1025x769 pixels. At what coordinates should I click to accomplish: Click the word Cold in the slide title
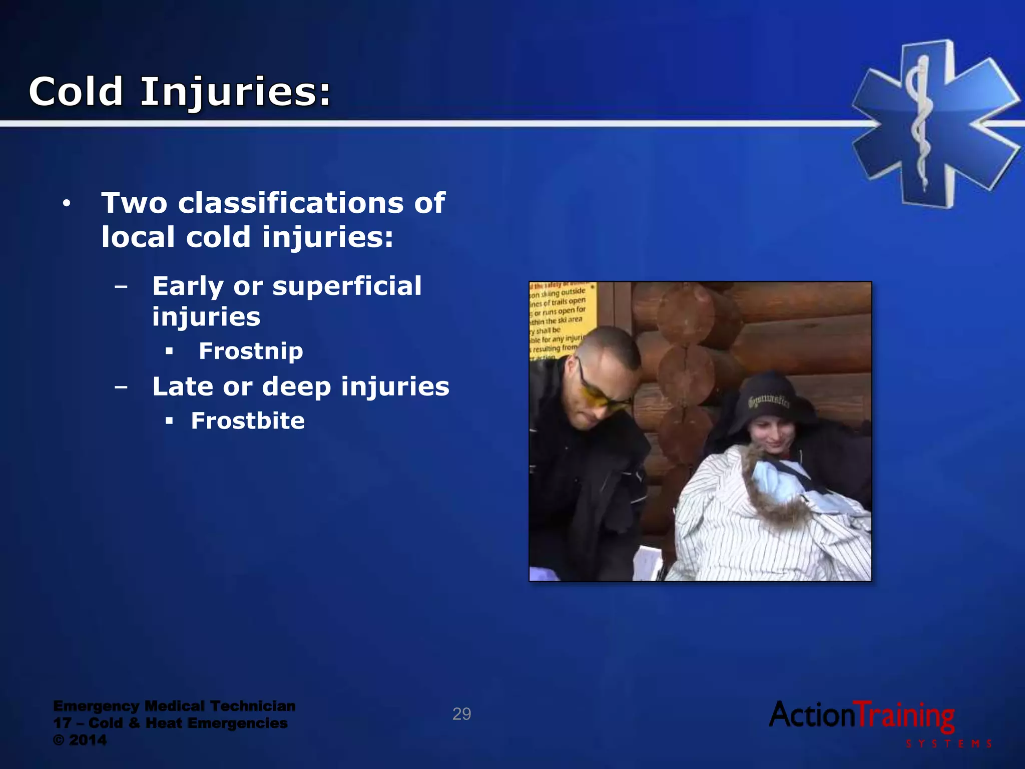[76, 92]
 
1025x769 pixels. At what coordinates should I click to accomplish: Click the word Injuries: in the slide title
[236, 93]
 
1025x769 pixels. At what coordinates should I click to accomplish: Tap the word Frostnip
[251, 351]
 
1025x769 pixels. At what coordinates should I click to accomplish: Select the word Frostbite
[248, 421]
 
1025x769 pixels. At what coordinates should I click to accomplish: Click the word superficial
[346, 286]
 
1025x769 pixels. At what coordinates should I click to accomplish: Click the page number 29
[461, 714]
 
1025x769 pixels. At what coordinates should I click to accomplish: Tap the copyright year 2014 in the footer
[88, 740]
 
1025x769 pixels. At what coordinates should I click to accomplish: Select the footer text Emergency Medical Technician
[174, 706]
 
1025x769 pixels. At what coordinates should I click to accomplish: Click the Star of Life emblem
[933, 123]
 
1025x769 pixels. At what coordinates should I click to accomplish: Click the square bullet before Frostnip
[169, 351]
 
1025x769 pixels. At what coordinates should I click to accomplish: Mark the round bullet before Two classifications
[67, 204]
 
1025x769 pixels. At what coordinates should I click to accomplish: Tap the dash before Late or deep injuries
[121, 387]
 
